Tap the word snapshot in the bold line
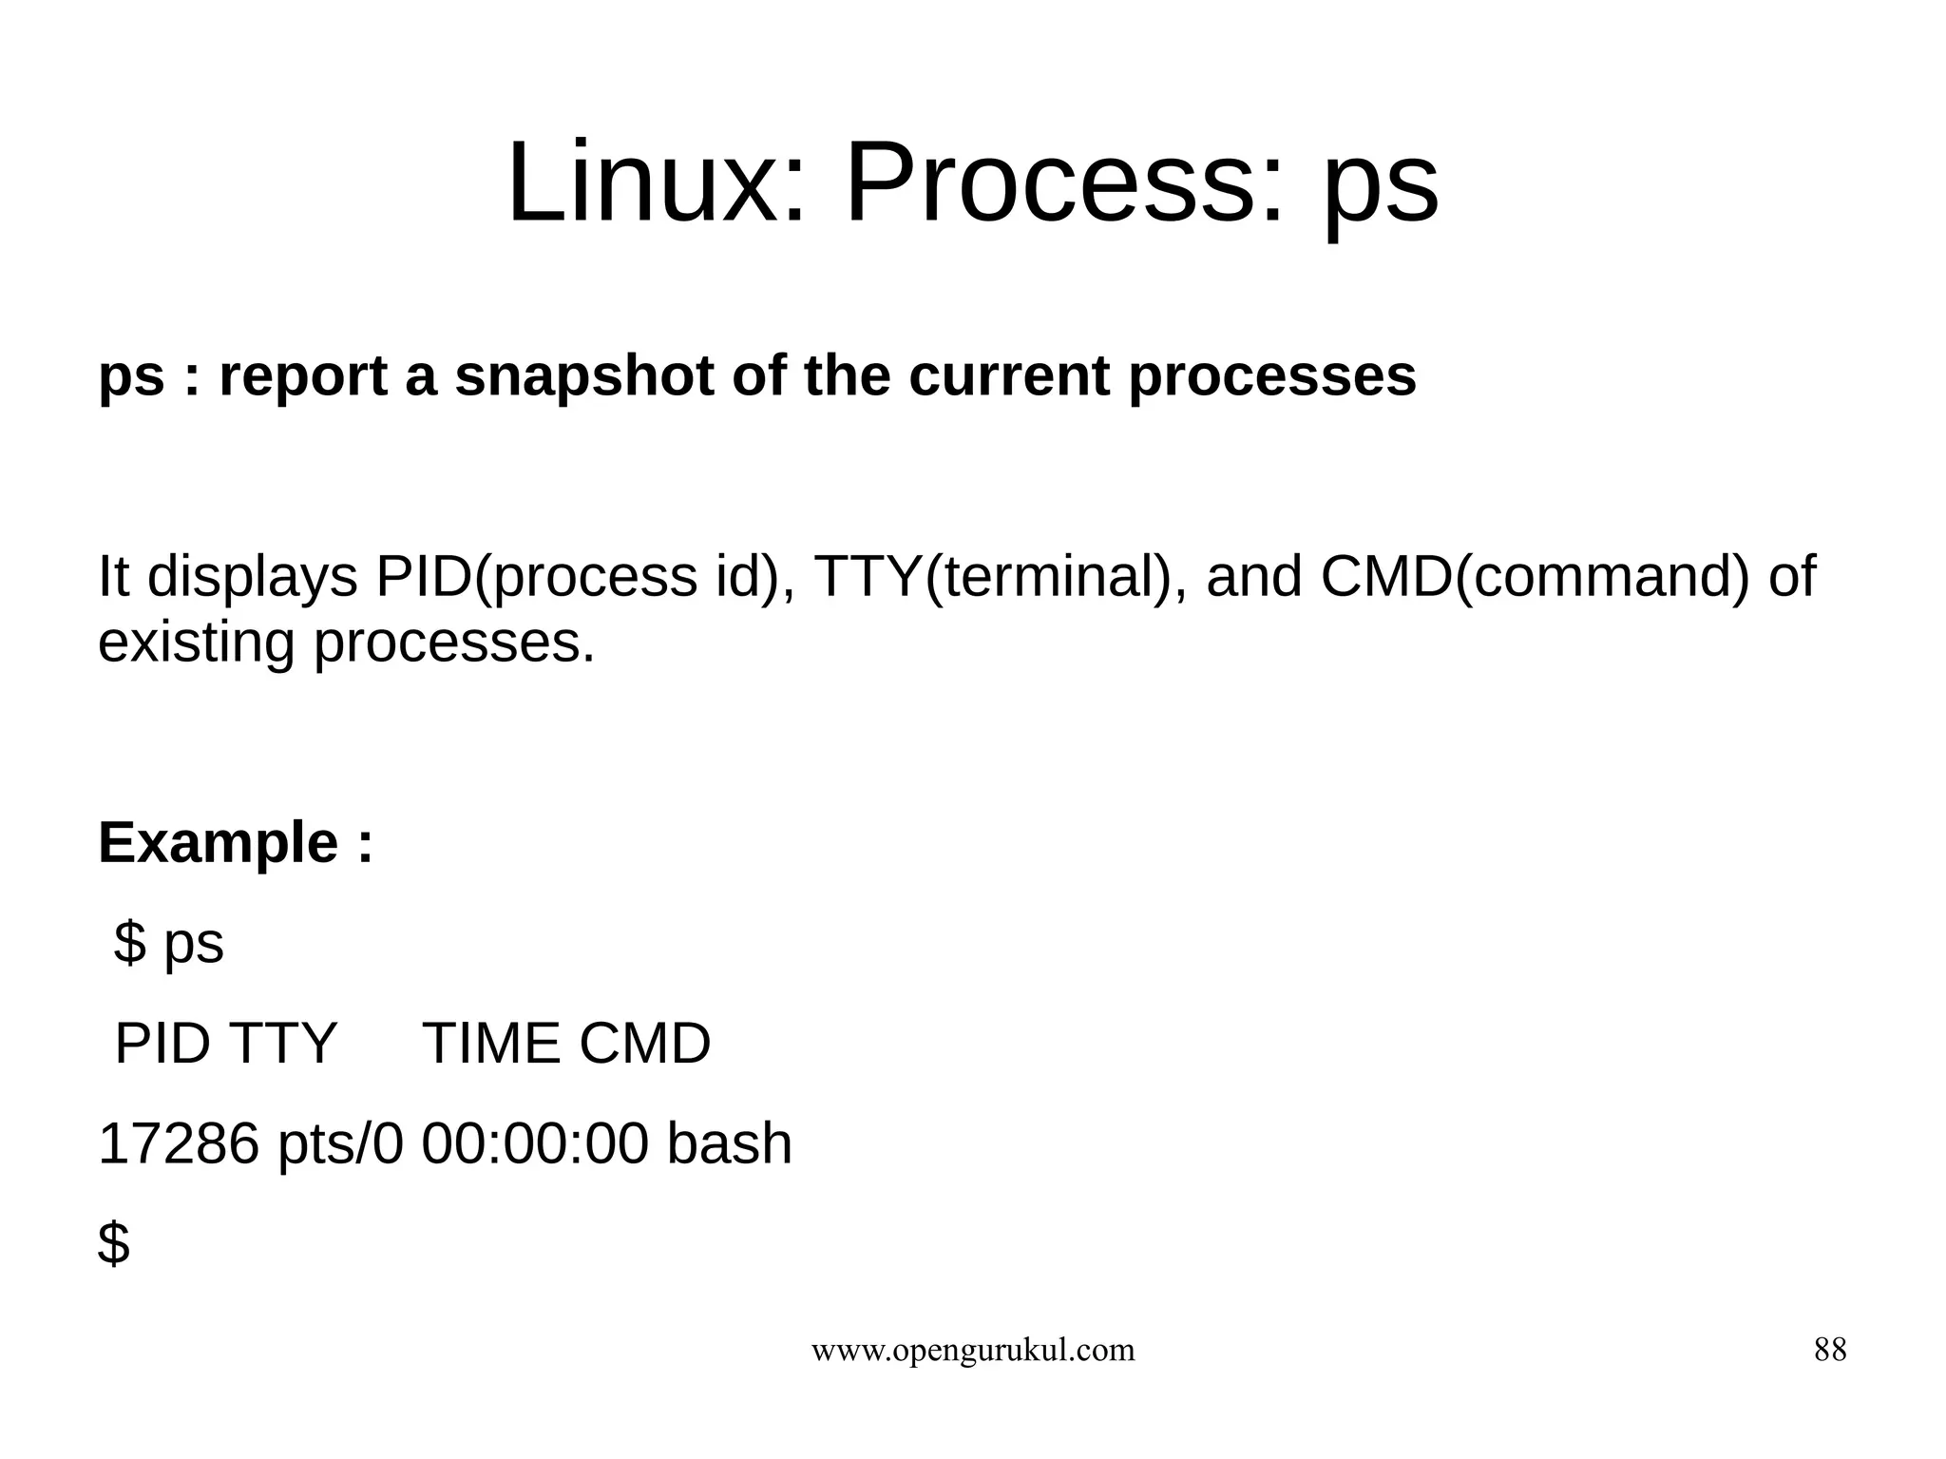pyautogui.click(x=583, y=375)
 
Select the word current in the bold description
pyautogui.click(x=1008, y=375)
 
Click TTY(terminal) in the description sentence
pyautogui.click(x=992, y=577)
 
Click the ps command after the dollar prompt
pyautogui.click(x=194, y=944)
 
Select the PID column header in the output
pyautogui.click(x=162, y=1044)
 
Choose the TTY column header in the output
pyautogui.click(x=282, y=1044)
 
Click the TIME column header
pyautogui.click(x=491, y=1044)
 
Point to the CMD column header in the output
pyautogui.click(x=644, y=1044)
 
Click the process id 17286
pyautogui.click(x=179, y=1143)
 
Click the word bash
pyautogui.click(x=729, y=1143)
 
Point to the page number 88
pyautogui.click(x=1830, y=1350)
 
